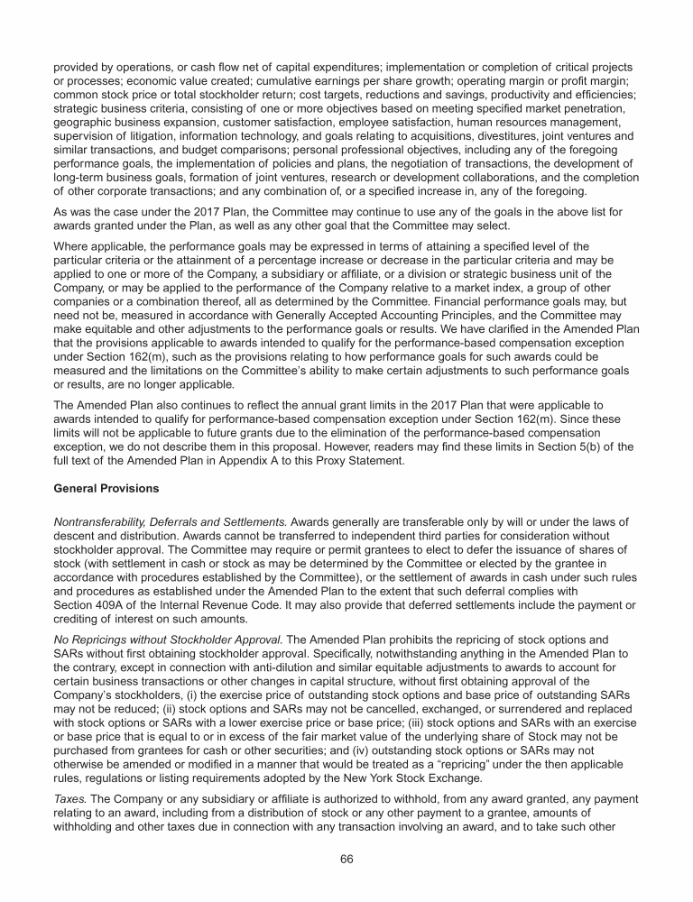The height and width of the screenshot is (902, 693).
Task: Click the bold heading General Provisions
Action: [x=106, y=487]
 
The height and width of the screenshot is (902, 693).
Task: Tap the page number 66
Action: [x=346, y=859]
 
